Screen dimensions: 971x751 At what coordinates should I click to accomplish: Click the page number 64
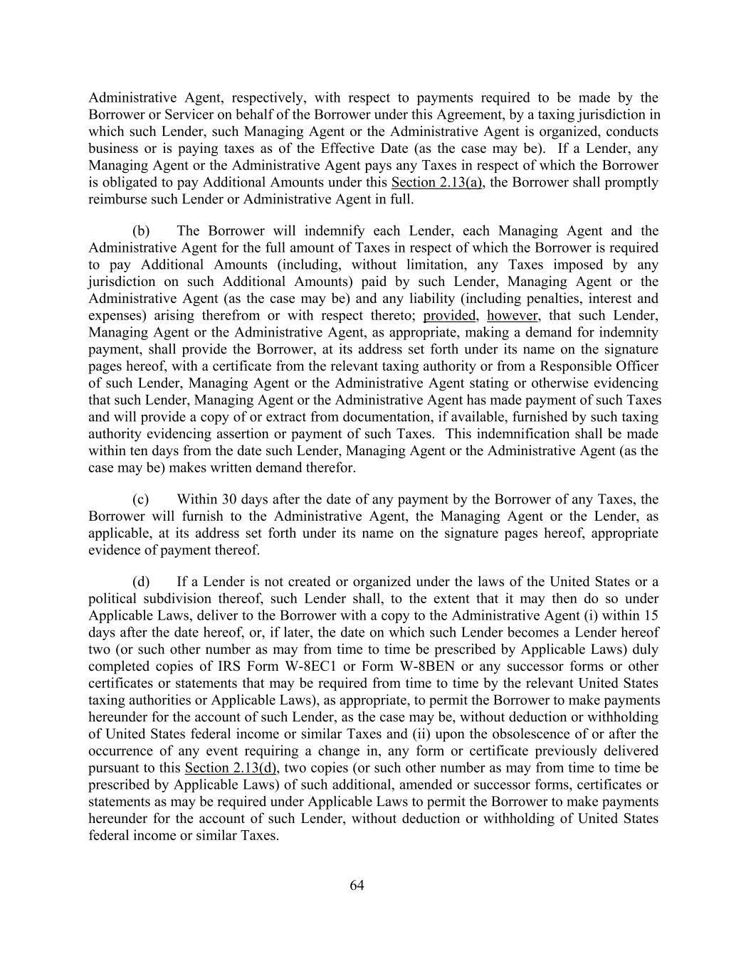tap(357, 885)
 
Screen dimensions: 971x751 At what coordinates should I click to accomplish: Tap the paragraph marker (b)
tap(141, 231)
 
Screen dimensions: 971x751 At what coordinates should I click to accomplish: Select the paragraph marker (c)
tap(141, 499)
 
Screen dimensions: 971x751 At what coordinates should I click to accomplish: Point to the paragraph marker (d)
tap(141, 582)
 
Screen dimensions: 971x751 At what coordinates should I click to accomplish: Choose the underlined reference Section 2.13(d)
tap(231, 768)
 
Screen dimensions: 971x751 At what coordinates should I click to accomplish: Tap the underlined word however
tap(513, 315)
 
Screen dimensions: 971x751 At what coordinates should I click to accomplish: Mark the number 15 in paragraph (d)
tap(651, 615)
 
